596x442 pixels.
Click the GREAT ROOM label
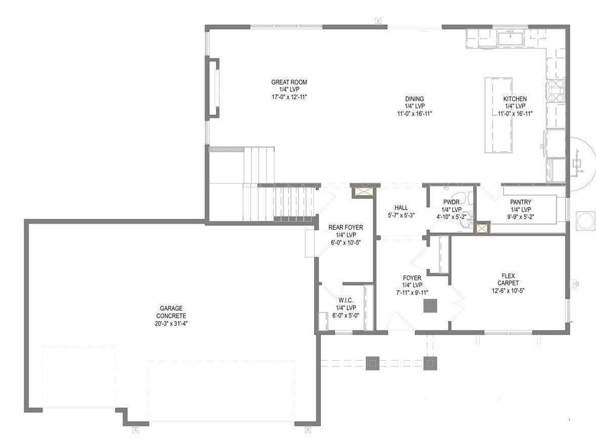click(289, 82)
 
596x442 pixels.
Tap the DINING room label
click(414, 99)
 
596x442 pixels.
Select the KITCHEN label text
click(515, 99)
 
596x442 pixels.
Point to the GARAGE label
click(171, 309)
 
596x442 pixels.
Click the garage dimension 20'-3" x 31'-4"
click(171, 324)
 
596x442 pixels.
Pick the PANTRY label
click(521, 202)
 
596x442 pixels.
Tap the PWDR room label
click(451, 202)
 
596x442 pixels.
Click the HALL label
click(401, 207)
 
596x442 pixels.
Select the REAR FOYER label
click(346, 227)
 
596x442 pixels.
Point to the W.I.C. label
click(346, 300)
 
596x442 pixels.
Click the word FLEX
click(508, 276)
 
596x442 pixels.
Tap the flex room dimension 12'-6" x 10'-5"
click(508, 291)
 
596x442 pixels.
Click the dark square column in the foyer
click(430, 306)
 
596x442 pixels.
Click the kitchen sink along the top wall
click(511, 39)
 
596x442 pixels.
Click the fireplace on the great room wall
click(213, 88)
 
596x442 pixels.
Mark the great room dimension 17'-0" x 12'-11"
click(289, 97)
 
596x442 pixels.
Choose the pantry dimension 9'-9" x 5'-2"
click(521, 217)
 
